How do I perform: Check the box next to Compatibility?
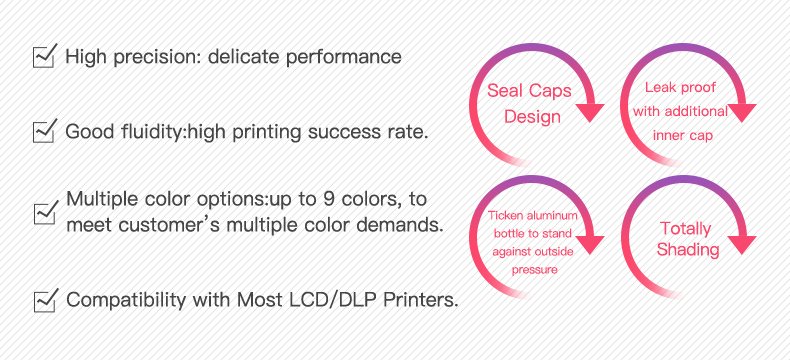pyautogui.click(x=46, y=300)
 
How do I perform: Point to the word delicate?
pyautogui.click(x=243, y=56)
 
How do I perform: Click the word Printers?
pyautogui.click(x=421, y=300)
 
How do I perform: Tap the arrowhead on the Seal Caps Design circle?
pyautogui.click(x=589, y=113)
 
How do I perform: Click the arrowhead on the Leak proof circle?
pyautogui.click(x=742, y=113)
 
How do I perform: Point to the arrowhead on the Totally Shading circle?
pyautogui.click(x=742, y=245)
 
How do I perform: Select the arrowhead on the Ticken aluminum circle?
pyautogui.click(x=589, y=245)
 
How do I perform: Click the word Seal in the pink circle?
pyautogui.click(x=504, y=91)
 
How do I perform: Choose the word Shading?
pyautogui.click(x=688, y=250)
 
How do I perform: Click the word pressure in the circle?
pyautogui.click(x=535, y=270)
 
